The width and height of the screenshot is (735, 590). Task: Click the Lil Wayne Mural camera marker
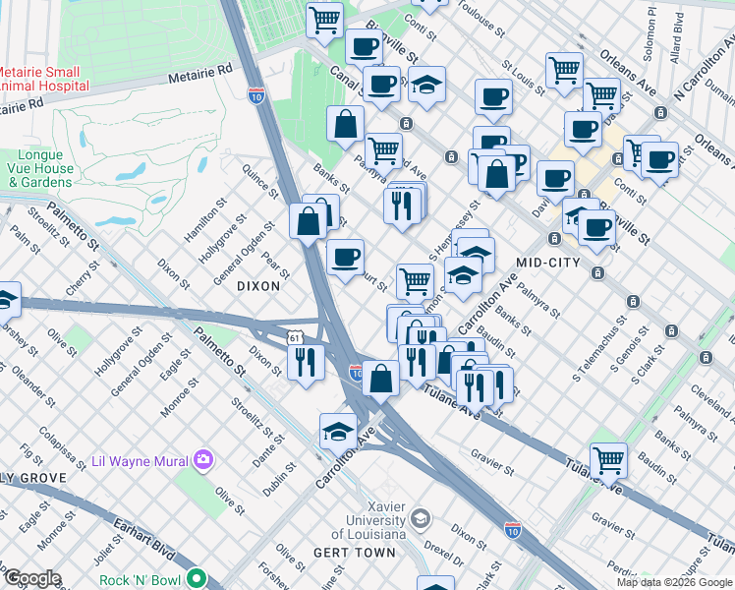click(203, 459)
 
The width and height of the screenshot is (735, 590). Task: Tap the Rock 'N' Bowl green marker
click(198, 578)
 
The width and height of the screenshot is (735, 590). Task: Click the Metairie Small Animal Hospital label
click(44, 79)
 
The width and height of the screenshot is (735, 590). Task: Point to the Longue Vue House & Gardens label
click(45, 168)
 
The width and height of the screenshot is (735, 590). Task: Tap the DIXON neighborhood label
click(258, 285)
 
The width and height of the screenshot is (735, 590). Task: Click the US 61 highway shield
click(295, 337)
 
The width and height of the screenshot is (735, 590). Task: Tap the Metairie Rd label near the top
click(198, 70)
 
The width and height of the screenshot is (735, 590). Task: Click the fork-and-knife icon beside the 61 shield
click(307, 362)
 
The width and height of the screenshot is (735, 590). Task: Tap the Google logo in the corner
click(31, 579)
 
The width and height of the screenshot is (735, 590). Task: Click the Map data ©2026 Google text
click(674, 582)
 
